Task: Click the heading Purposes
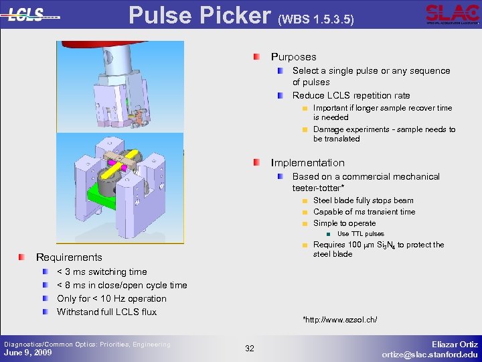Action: coord(293,57)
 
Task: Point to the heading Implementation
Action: coord(307,163)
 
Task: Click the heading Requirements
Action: coord(69,257)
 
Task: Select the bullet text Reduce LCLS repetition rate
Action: coord(351,95)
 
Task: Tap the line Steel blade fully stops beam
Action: coord(363,200)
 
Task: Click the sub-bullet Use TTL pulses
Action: coord(360,234)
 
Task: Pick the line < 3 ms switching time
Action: coord(102,271)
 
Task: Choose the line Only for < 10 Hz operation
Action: coord(112,298)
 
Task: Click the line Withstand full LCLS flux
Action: coord(106,312)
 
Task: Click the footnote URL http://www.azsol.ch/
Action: coord(340,320)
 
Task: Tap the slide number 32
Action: coord(250,349)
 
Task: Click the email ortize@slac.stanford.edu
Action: coord(430,354)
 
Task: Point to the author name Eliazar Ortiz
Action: coord(455,344)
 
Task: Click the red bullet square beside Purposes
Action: coord(258,57)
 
